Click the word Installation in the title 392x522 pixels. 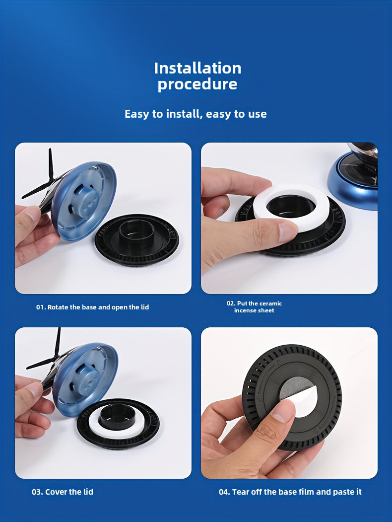tap(197, 68)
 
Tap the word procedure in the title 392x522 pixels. tap(197, 84)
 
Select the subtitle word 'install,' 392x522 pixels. tap(184, 114)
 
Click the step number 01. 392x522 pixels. tap(41, 307)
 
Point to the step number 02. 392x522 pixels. tap(231, 303)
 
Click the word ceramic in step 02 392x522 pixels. tap(270, 303)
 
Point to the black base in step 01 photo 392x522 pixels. tap(136, 240)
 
